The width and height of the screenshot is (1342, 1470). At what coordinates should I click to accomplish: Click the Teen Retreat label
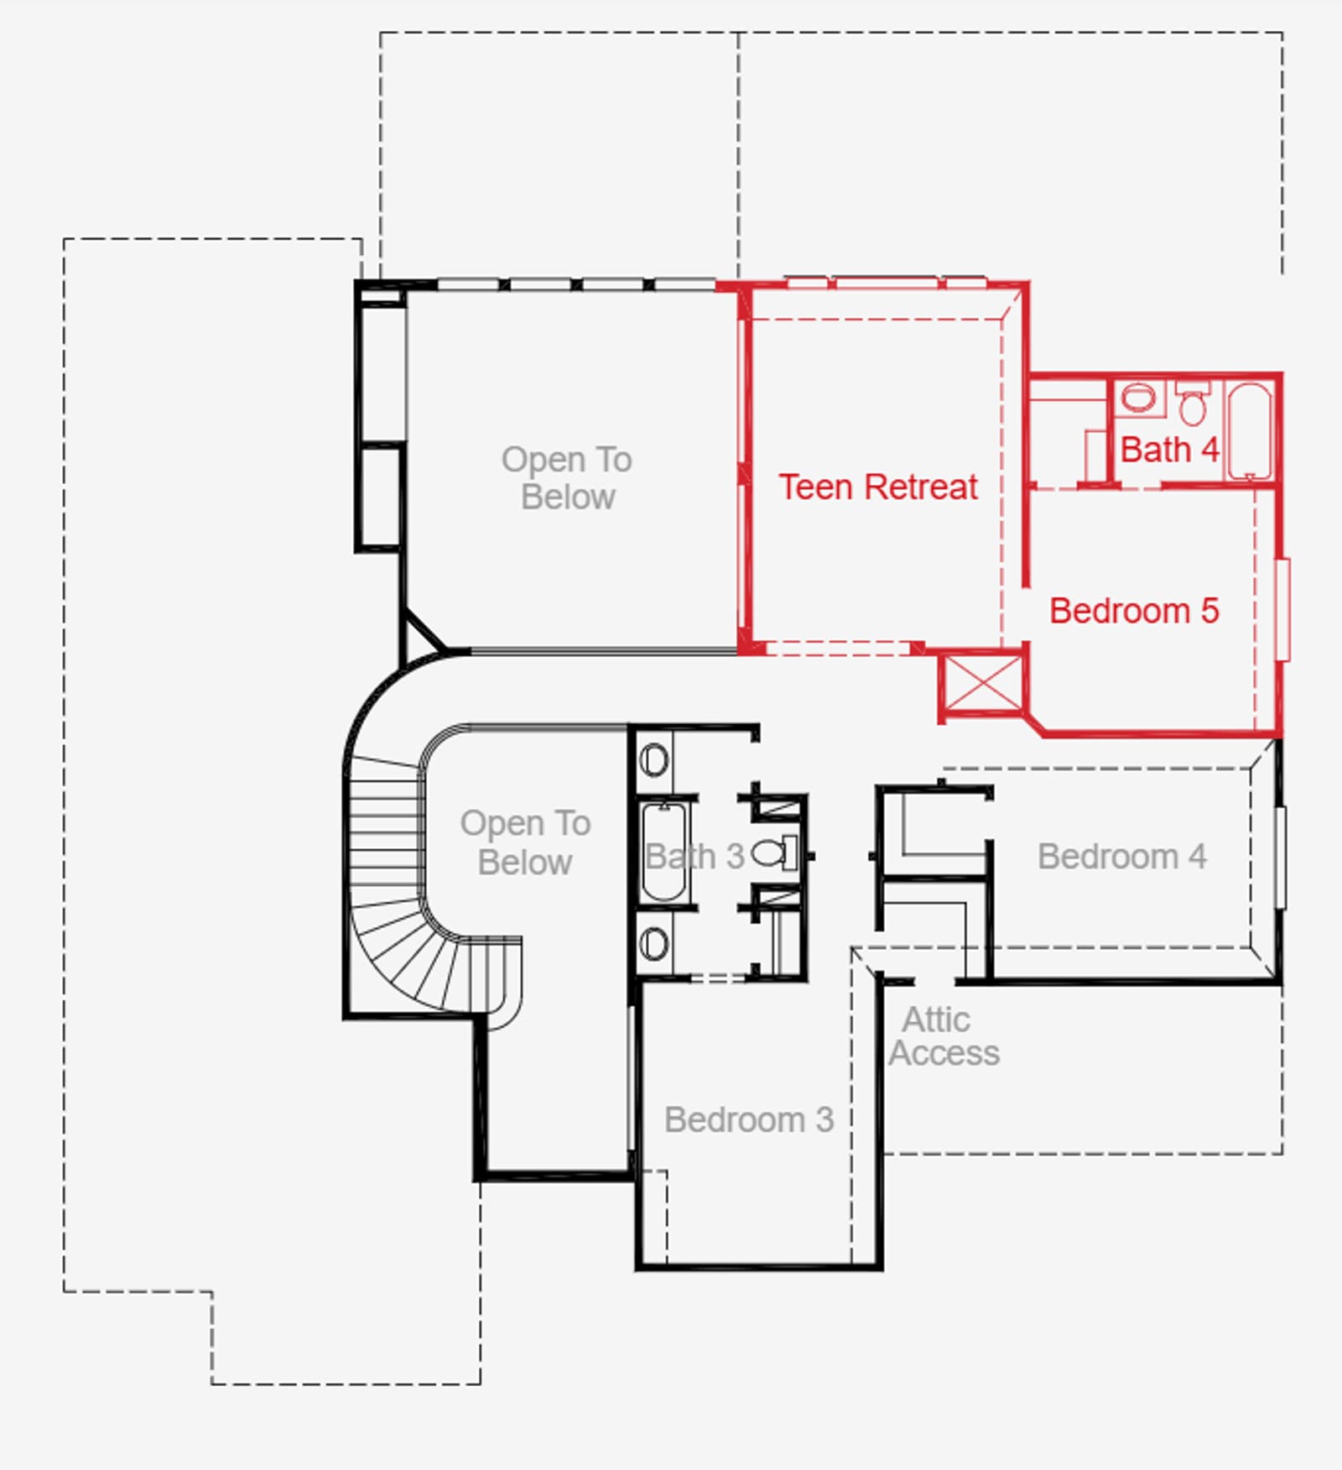pyautogui.click(x=878, y=487)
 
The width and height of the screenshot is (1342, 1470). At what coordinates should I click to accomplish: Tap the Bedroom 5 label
pyautogui.click(x=1134, y=611)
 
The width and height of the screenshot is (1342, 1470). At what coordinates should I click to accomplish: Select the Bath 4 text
pyautogui.click(x=1169, y=450)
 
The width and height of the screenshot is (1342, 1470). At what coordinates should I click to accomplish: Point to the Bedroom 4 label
pyautogui.click(x=1122, y=857)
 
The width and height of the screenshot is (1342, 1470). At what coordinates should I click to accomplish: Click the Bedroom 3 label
pyautogui.click(x=749, y=1119)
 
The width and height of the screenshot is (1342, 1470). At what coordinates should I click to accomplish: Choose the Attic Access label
pyautogui.click(x=944, y=1036)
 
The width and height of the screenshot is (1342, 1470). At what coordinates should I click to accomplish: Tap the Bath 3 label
pyautogui.click(x=695, y=857)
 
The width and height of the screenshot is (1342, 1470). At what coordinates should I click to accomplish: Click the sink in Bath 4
pyautogui.click(x=1138, y=397)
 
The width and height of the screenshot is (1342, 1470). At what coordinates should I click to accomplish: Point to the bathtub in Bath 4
pyautogui.click(x=1250, y=431)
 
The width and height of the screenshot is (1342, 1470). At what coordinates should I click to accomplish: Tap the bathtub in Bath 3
pyautogui.click(x=664, y=852)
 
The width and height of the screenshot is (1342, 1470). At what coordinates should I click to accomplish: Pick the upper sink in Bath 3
pyautogui.click(x=654, y=760)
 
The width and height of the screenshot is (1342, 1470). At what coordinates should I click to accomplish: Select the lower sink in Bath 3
pyautogui.click(x=654, y=944)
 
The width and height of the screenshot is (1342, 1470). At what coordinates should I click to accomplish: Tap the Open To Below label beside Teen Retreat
pyautogui.click(x=568, y=478)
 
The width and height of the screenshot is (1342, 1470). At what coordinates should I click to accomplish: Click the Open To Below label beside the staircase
pyautogui.click(x=526, y=842)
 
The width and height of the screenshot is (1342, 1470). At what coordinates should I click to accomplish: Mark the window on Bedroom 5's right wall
pyautogui.click(x=1282, y=610)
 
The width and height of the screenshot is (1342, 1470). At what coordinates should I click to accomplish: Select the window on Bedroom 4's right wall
pyautogui.click(x=1281, y=857)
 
